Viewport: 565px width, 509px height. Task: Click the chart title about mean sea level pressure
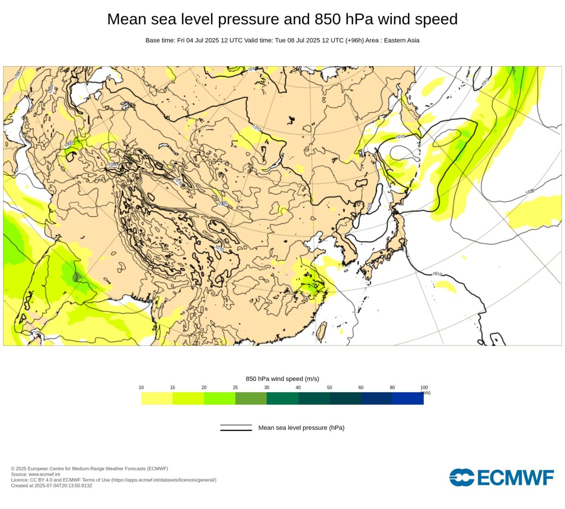coord(282,19)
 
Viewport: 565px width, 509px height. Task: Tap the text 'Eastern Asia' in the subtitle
coord(401,40)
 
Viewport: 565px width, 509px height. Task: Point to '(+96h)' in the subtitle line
coord(354,40)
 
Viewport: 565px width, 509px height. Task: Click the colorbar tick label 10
coord(141,388)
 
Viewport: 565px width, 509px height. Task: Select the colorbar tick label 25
coord(235,388)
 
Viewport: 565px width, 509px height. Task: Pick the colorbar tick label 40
coord(298,388)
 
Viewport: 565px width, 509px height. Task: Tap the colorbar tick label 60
coord(361,388)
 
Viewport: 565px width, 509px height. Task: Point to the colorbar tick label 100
coord(424,388)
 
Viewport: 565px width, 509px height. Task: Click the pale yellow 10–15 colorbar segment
coord(157,398)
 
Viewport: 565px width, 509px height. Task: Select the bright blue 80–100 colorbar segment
coord(408,398)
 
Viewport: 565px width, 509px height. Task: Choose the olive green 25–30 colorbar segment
coord(251,398)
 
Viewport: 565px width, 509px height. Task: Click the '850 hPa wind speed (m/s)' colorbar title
coord(282,379)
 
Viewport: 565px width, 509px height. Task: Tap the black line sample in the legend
coord(236,428)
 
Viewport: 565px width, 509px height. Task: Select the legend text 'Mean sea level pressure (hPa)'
coord(301,428)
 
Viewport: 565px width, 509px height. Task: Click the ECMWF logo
coord(501,478)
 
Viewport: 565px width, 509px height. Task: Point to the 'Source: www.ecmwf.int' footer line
coord(36,474)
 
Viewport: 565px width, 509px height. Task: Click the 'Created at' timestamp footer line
coord(51,485)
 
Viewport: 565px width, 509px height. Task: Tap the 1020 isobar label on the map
coord(529,192)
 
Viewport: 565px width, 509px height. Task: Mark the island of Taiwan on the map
coord(322,332)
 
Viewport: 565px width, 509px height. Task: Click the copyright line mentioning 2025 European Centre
coord(89,468)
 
